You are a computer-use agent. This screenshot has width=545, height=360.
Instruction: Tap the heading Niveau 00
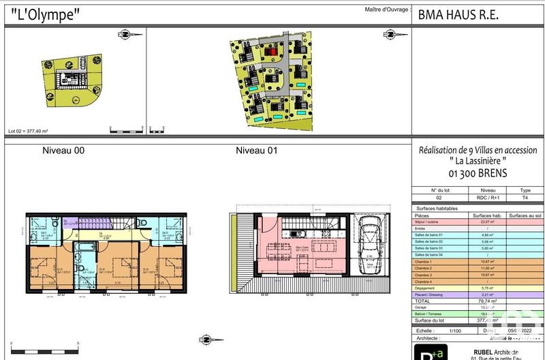[63, 150]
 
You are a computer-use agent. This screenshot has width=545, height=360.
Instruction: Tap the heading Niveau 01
[256, 150]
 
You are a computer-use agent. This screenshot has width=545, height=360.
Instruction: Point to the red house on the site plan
[272, 50]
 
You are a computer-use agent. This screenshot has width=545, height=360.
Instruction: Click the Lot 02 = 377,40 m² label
[27, 131]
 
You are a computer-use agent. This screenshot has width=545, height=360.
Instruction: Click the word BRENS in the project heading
[488, 173]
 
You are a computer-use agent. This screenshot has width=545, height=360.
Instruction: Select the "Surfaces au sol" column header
[525, 215]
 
